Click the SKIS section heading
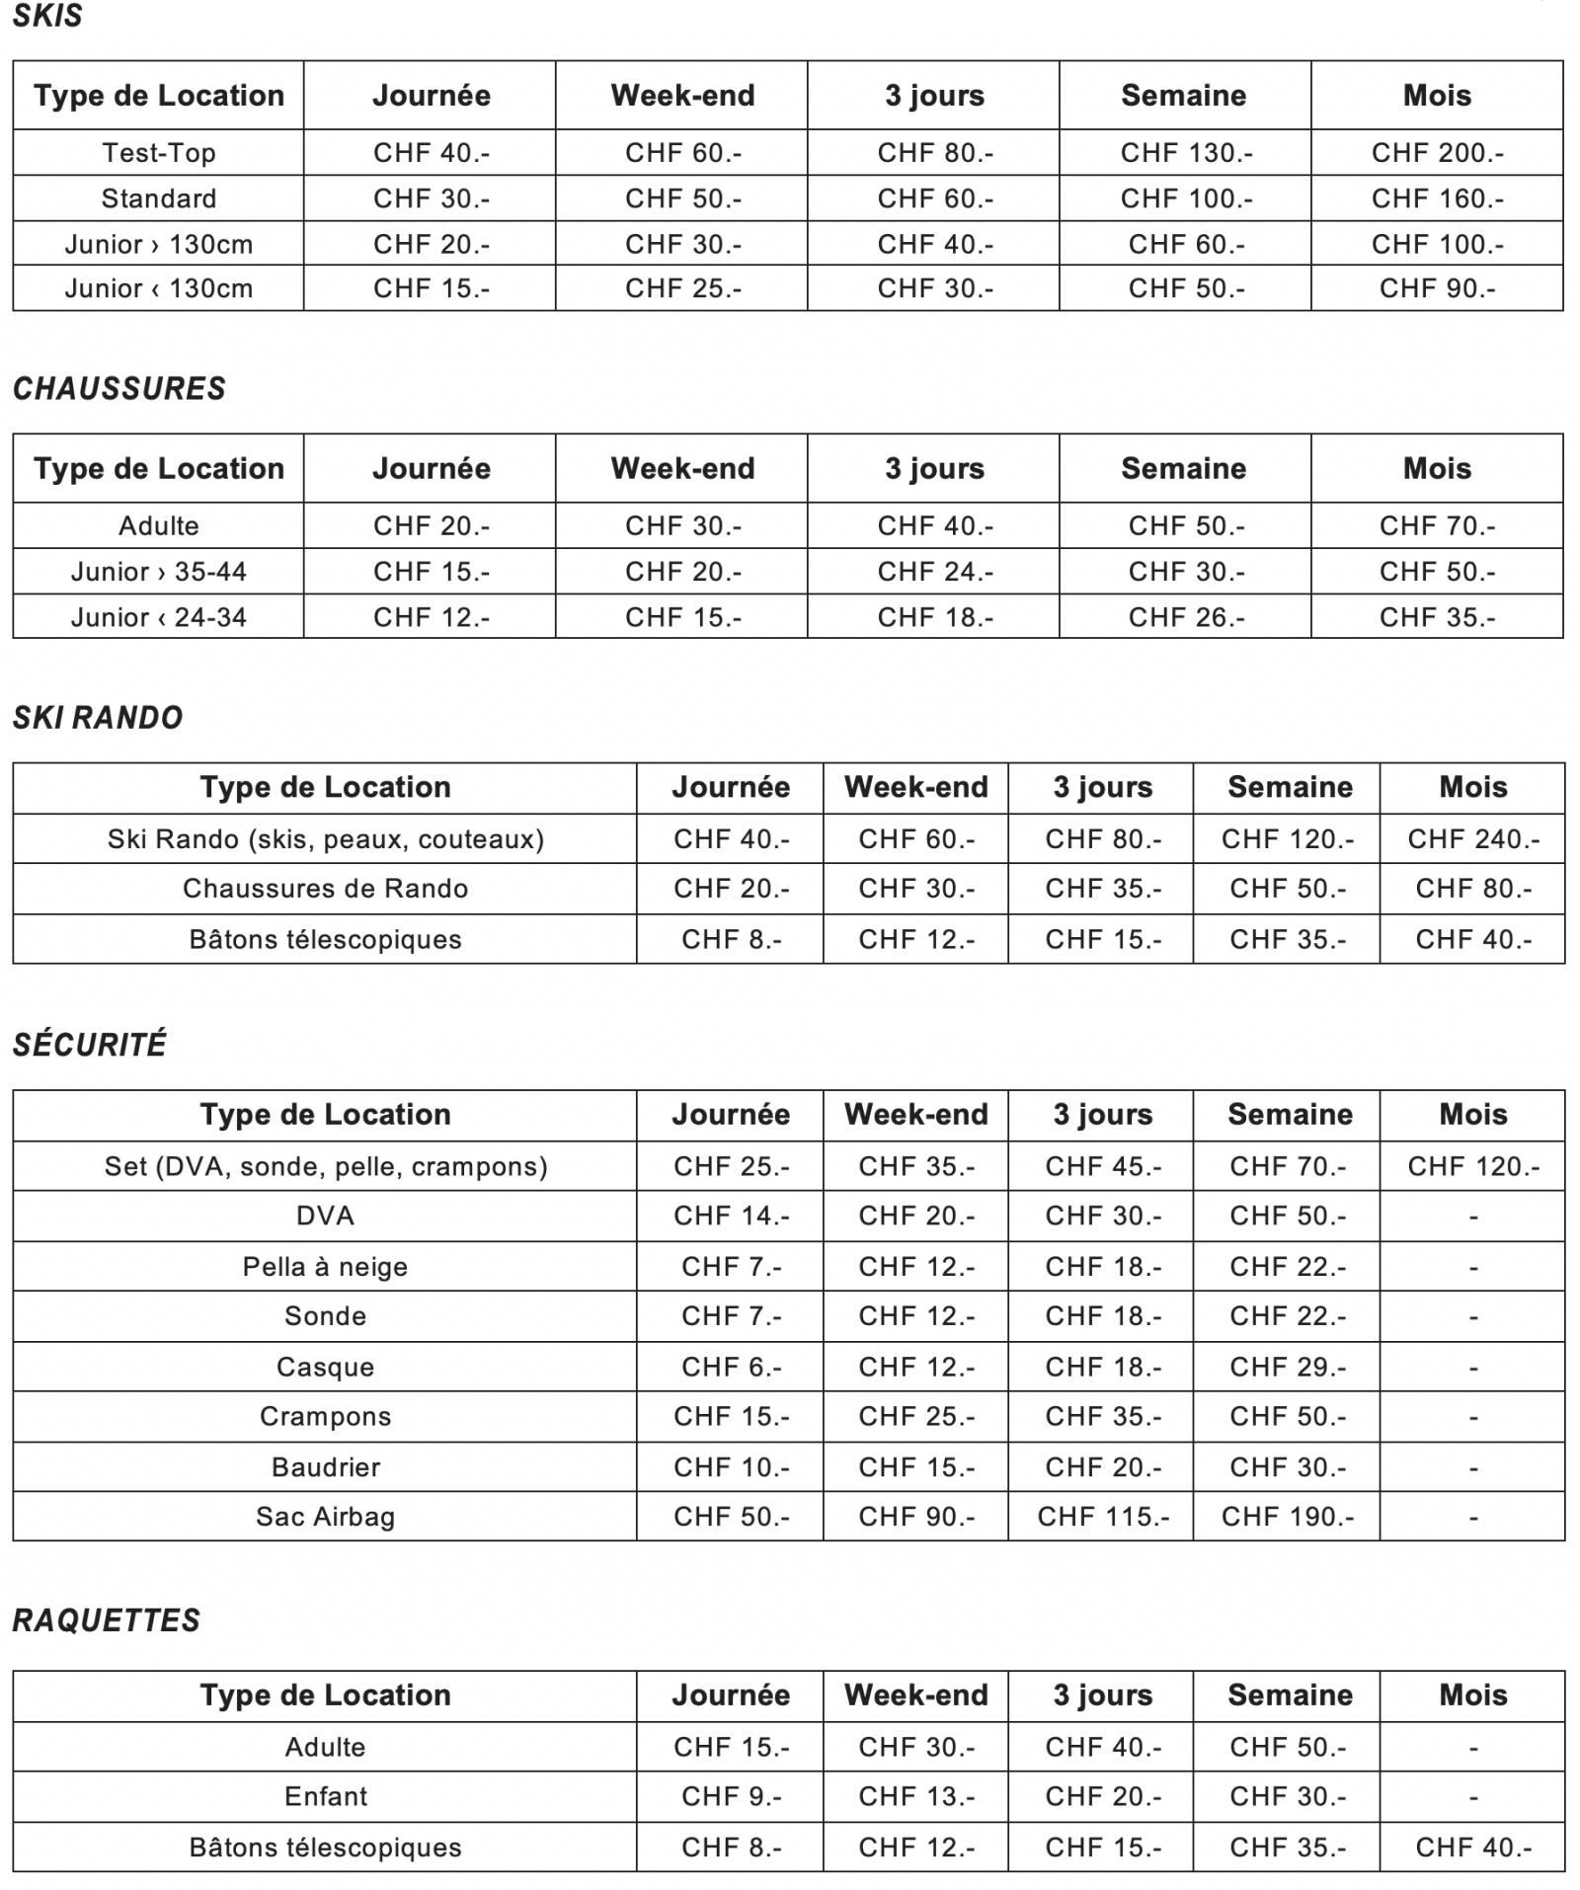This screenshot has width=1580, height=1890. [47, 16]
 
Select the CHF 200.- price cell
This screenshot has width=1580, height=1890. [1437, 153]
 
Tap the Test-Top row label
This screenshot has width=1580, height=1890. [158, 153]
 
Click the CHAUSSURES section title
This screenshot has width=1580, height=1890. [118, 388]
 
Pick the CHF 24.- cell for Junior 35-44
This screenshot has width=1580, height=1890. [935, 572]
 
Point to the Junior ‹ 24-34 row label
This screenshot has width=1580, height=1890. [158, 617]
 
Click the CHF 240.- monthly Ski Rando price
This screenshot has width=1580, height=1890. [1473, 839]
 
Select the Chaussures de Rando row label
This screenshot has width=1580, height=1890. [325, 889]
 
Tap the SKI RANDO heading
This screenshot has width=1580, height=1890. [97, 717]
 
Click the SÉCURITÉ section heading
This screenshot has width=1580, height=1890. [89, 1045]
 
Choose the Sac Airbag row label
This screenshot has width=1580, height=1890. [325, 1517]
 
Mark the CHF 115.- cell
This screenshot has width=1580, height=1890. [1103, 1517]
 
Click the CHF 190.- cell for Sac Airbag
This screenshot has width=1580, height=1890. [1288, 1517]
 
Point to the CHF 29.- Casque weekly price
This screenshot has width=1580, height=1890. [1288, 1368]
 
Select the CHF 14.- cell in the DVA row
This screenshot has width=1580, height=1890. [731, 1216]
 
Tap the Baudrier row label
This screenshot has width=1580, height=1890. [325, 1467]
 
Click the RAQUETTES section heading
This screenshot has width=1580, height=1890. [106, 1620]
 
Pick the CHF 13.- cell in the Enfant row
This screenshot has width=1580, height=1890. [915, 1796]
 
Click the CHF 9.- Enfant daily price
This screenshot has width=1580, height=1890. [731, 1796]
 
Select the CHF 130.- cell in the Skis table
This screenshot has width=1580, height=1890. [1186, 153]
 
